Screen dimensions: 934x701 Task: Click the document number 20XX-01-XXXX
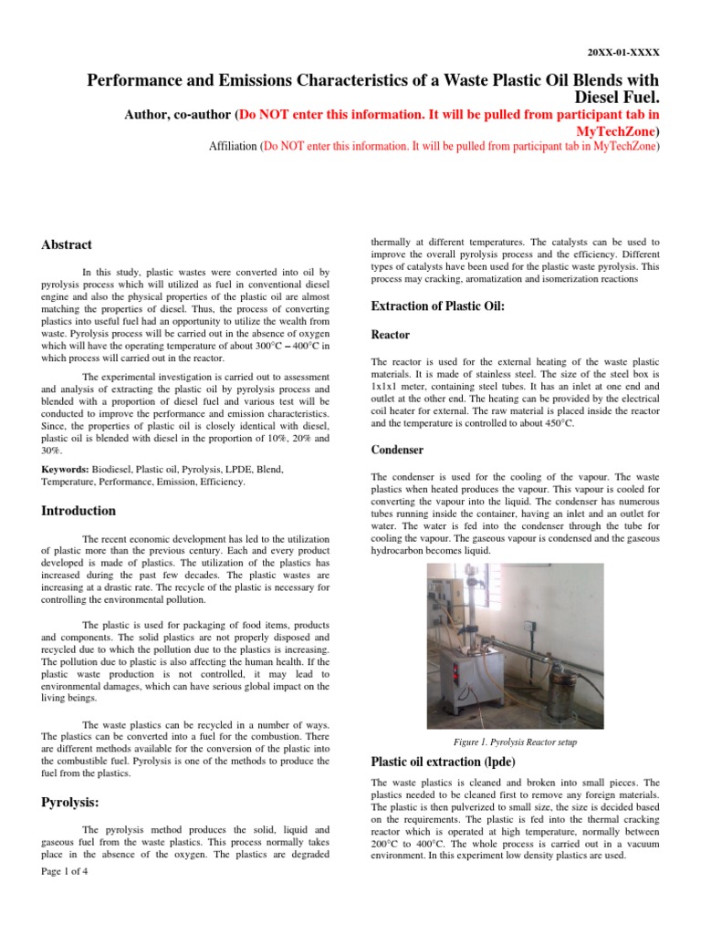point(622,52)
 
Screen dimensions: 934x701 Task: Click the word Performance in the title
point(133,80)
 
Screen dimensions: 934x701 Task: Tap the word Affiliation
point(233,146)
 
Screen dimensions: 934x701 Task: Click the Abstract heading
point(67,245)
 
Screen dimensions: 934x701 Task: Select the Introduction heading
point(78,511)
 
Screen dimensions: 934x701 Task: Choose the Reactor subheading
point(390,336)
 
